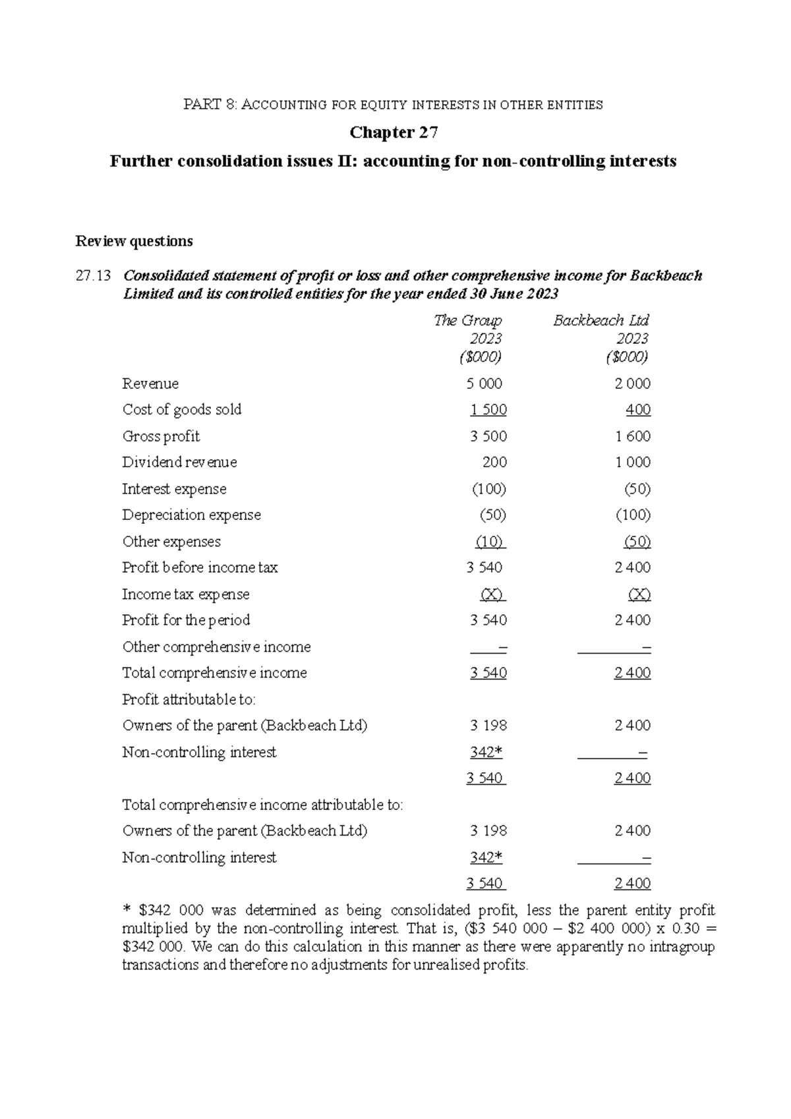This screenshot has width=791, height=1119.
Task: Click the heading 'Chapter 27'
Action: coord(394,132)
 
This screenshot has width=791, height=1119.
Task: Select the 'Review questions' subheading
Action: coord(134,241)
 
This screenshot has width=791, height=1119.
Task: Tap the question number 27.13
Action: coord(93,275)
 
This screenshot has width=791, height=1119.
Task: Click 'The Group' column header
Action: coord(468,320)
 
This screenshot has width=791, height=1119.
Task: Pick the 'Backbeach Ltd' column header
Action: coord(601,320)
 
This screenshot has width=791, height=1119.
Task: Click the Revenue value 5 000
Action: coord(484,384)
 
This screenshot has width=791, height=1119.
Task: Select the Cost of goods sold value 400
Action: coord(638,410)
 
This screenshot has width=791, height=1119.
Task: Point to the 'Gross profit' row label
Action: coord(161,436)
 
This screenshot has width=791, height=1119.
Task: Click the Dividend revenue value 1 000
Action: coord(633,462)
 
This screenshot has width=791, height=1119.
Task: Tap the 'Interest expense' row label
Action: coord(174,489)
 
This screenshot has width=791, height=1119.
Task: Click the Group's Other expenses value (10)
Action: coord(489,542)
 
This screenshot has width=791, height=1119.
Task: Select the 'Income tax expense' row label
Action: coord(186,594)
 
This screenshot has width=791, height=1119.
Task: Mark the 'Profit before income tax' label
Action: coord(200,567)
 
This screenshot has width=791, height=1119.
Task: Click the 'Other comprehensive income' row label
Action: coord(216,646)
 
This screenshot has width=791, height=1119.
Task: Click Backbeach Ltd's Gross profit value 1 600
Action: coord(633,436)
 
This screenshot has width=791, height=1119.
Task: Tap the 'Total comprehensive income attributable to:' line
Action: coord(262,805)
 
